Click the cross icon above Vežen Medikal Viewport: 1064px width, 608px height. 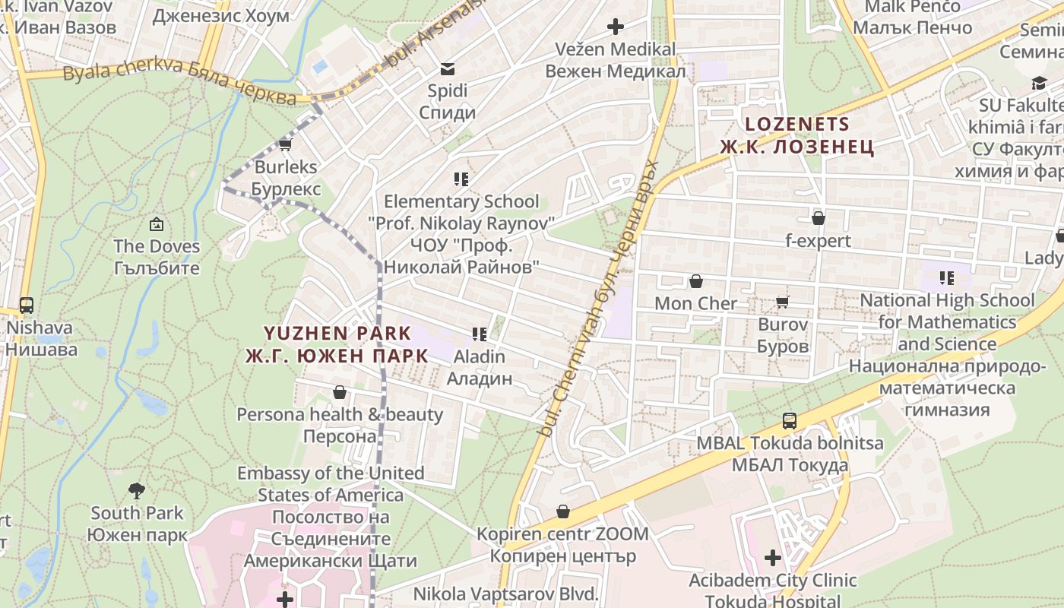[x=616, y=27]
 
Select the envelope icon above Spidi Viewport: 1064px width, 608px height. [x=448, y=69]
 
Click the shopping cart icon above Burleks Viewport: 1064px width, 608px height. [x=286, y=144]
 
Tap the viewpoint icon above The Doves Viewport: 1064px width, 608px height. [x=157, y=224]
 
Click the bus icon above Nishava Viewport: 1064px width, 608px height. [x=27, y=306]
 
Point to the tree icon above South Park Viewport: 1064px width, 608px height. [x=137, y=490]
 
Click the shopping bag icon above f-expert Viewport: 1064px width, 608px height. [x=819, y=219]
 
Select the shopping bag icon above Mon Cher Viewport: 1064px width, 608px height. [x=696, y=282]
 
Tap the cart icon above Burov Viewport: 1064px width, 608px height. [x=783, y=302]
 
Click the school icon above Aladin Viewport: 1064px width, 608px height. [x=479, y=334]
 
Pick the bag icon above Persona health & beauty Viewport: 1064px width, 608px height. [x=339, y=392]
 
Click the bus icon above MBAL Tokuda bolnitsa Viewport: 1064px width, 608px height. [x=790, y=421]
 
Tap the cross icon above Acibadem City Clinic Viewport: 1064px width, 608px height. [x=773, y=559]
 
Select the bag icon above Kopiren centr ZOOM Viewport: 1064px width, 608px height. [x=563, y=511]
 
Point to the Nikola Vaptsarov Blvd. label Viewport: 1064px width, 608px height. [x=506, y=594]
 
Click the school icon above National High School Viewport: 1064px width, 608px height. [x=947, y=278]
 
